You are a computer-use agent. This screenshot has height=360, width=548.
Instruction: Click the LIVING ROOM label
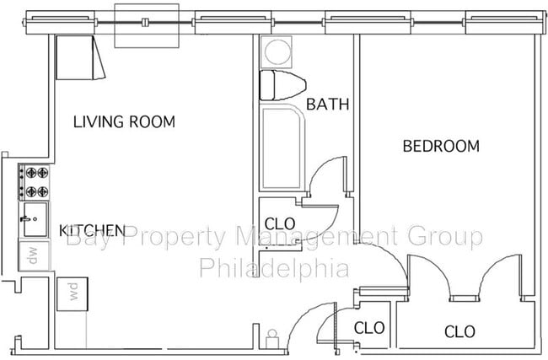pyautogui.click(x=124, y=122)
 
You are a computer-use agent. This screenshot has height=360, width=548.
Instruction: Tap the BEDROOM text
pyautogui.click(x=441, y=147)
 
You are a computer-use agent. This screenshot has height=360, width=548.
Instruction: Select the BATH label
pyautogui.click(x=328, y=105)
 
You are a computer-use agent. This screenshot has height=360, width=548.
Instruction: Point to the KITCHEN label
pyautogui.click(x=93, y=230)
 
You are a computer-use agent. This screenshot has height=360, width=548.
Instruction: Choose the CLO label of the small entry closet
pyautogui.click(x=369, y=328)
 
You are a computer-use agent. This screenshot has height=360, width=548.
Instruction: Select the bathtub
pyautogui.click(x=281, y=148)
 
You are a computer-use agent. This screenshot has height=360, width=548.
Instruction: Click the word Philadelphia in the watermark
pyautogui.click(x=273, y=269)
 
